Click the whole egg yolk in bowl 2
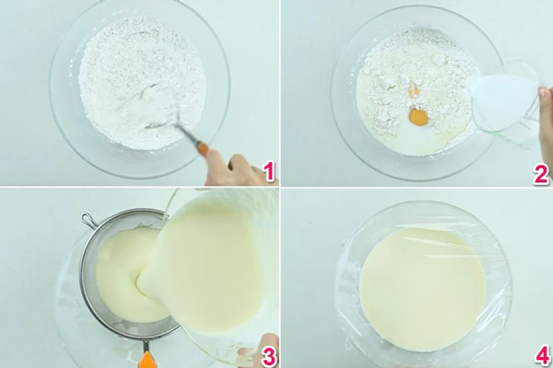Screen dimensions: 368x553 coord(418,118)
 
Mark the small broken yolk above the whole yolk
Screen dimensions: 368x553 coord(414,91)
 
